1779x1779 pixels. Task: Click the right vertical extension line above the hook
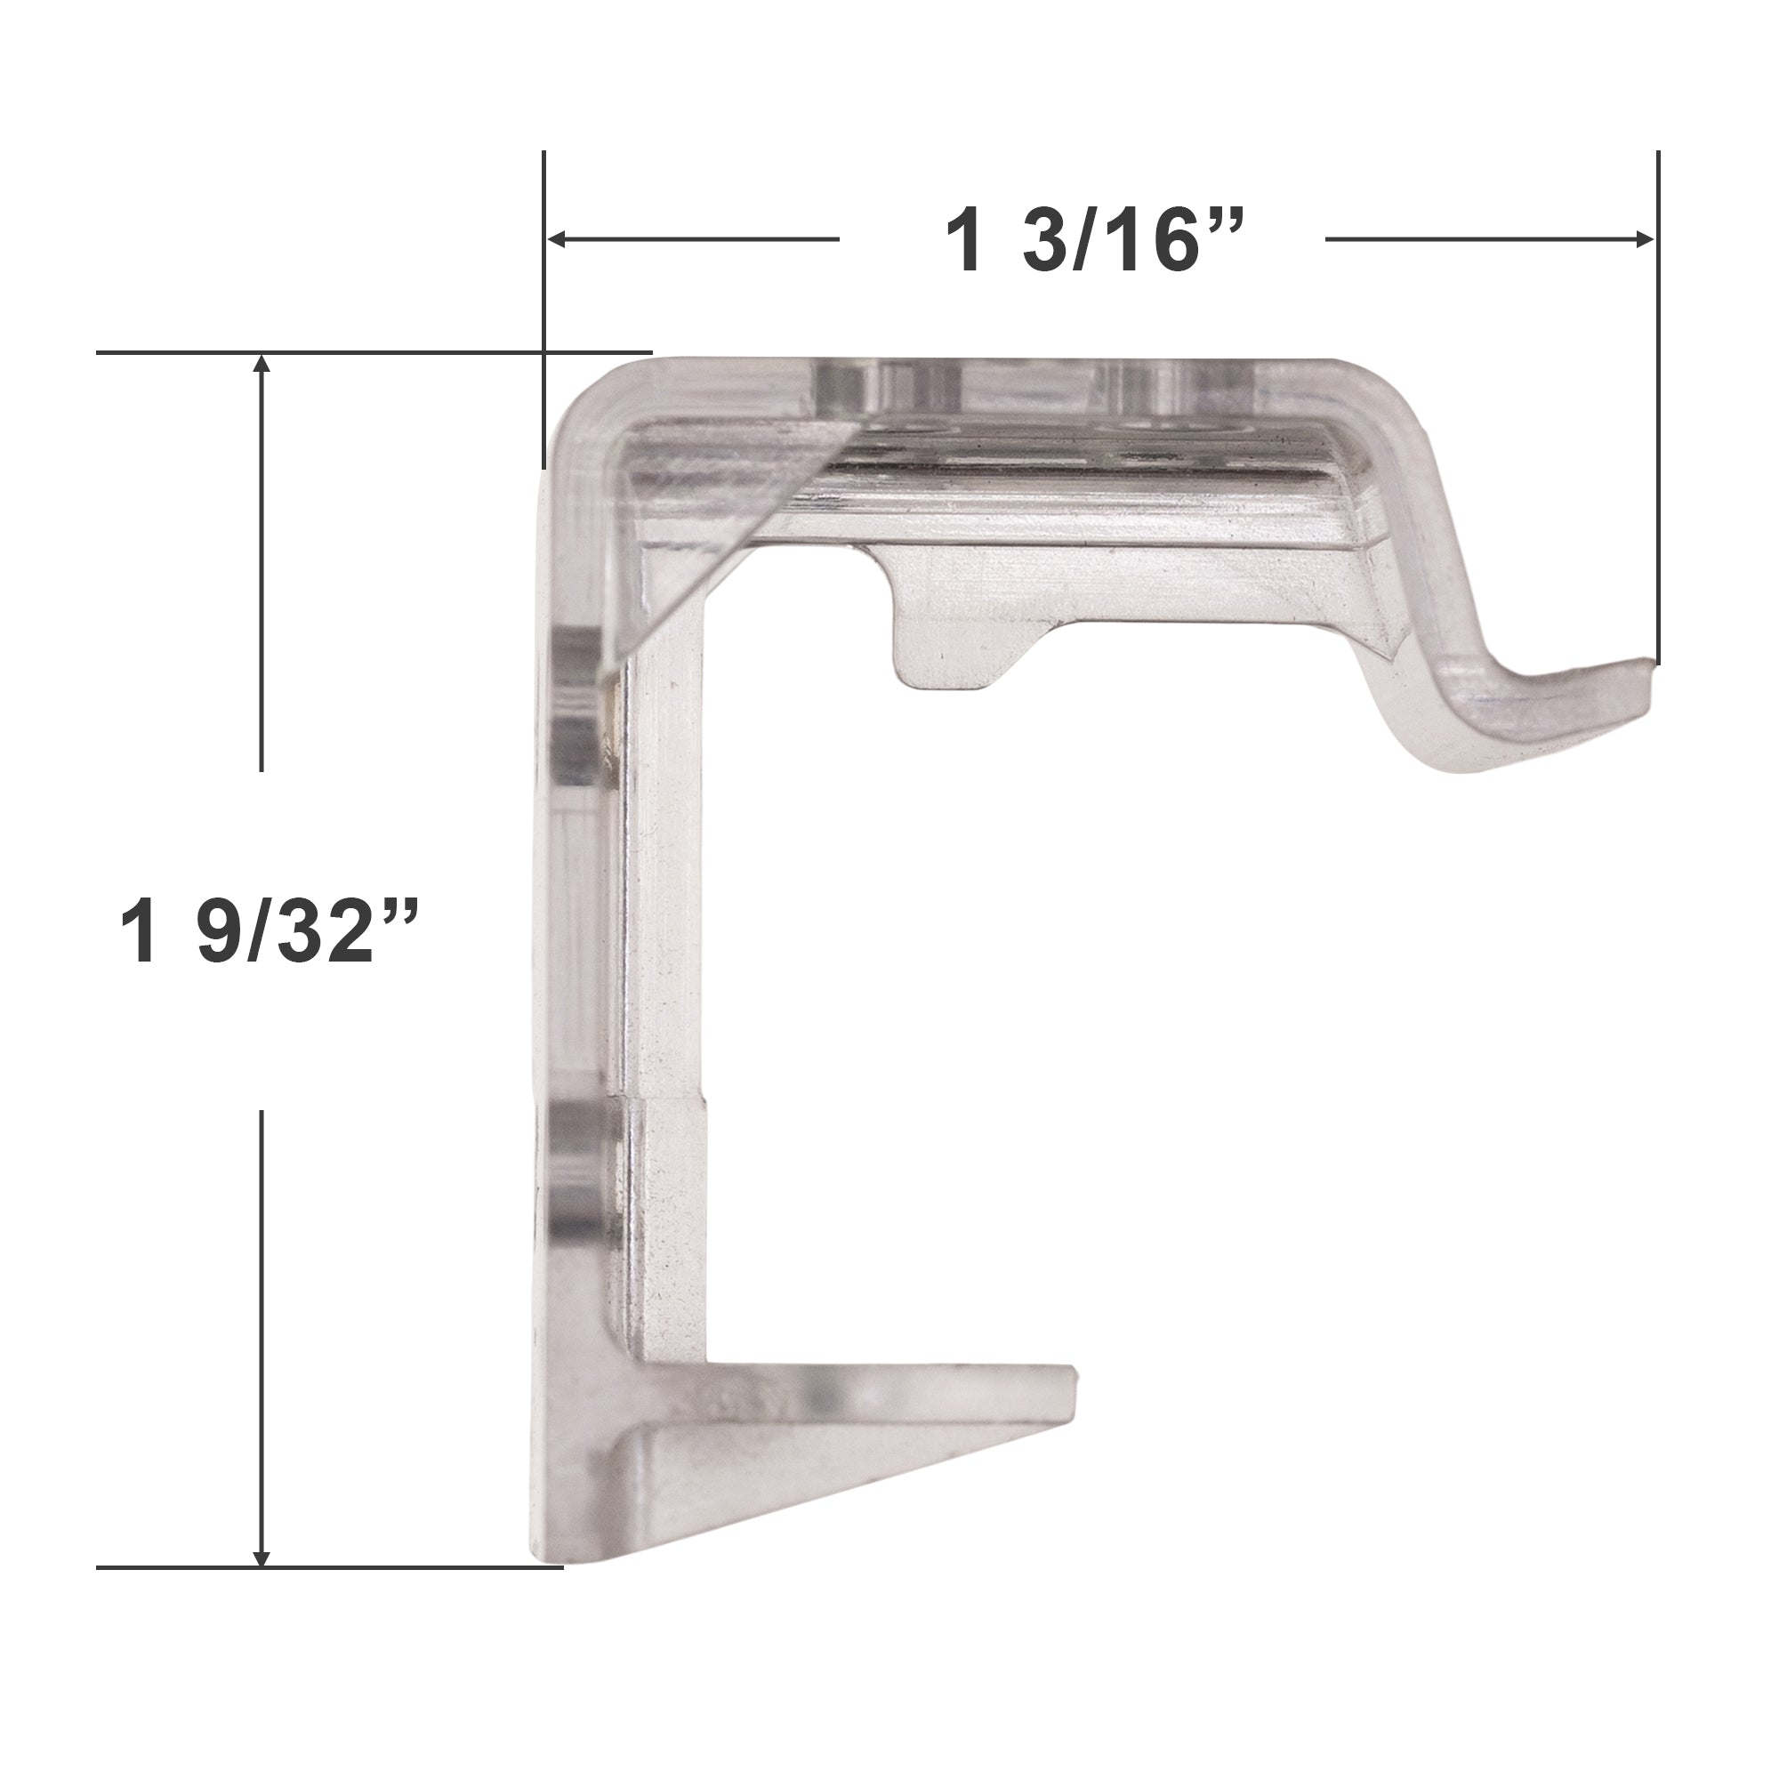tap(1657, 407)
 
